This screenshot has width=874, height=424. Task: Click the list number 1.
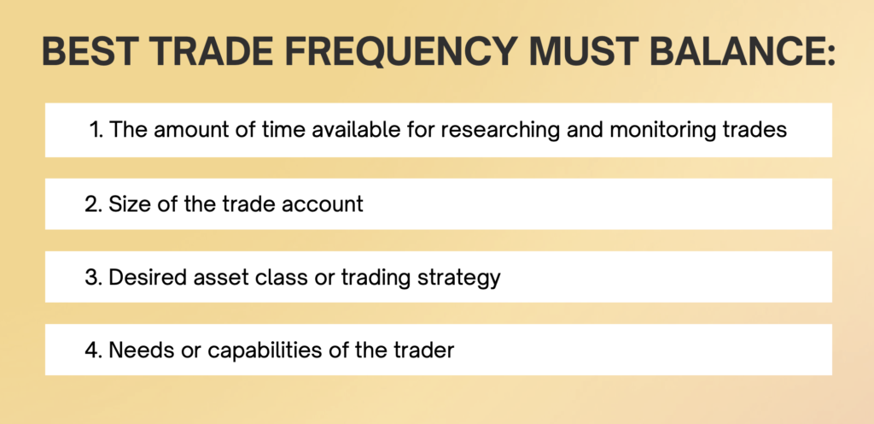point(96,130)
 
